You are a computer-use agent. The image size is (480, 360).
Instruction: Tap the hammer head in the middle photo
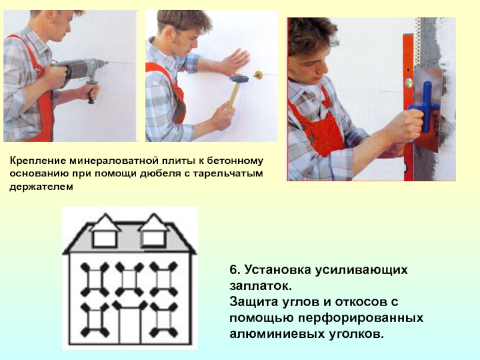point(239,79)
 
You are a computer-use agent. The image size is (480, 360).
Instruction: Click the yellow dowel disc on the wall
point(258,74)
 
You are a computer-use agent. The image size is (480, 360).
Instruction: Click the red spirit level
point(409,107)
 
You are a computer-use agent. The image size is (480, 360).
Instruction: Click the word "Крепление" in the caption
point(38,161)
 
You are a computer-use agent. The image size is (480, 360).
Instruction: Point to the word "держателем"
point(41,187)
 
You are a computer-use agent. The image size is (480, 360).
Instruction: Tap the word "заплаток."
point(260,286)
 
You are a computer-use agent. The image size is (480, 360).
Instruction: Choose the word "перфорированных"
point(361,318)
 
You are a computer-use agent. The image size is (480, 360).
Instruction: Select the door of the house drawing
point(130,325)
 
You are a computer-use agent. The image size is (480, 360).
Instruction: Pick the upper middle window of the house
point(130,279)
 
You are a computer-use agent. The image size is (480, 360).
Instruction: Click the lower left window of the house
point(95,320)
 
